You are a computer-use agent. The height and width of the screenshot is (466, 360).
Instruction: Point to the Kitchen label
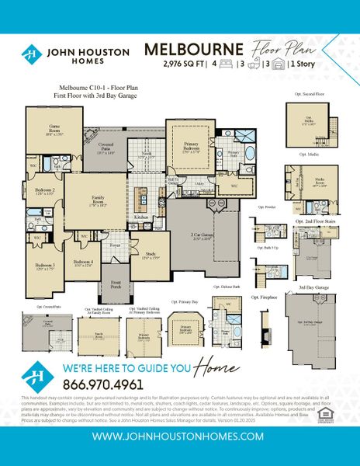[141, 217]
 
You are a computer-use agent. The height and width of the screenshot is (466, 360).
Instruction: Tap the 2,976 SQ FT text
[182, 63]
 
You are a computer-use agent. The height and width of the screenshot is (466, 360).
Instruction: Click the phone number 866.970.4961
[102, 384]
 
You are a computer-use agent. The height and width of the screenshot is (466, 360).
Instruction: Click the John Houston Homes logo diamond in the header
[31, 55]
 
